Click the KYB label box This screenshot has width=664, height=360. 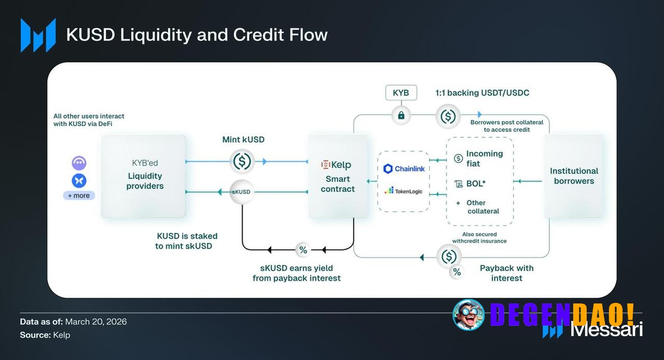pyautogui.click(x=401, y=93)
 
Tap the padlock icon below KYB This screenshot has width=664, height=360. pyautogui.click(x=401, y=115)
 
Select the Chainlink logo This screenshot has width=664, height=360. pyautogui.click(x=404, y=169)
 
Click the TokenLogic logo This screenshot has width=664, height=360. pyautogui.click(x=404, y=191)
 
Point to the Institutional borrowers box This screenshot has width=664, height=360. pyautogui.click(x=574, y=176)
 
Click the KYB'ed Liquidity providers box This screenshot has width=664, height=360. pyautogui.click(x=144, y=176)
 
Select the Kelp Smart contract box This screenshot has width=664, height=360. pyautogui.click(x=338, y=176)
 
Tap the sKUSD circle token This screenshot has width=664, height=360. pyautogui.click(x=242, y=192)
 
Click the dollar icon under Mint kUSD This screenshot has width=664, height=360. pyautogui.click(x=242, y=161)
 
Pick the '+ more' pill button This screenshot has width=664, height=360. pyautogui.click(x=79, y=196)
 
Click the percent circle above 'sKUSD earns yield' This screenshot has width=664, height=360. pyautogui.click(x=303, y=250)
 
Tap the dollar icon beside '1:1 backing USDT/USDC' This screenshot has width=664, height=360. pyautogui.click(x=448, y=115)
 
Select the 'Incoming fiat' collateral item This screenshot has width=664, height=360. pyautogui.click(x=478, y=159)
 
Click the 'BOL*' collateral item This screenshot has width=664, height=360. pyautogui.click(x=471, y=184)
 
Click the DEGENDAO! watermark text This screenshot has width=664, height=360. pyautogui.click(x=562, y=314)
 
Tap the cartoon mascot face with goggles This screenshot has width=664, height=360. pyautogui.click(x=468, y=315)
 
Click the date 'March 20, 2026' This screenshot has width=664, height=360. pyautogui.click(x=96, y=322)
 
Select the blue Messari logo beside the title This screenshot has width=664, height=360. pyautogui.click(x=38, y=35)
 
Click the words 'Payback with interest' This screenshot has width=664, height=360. pyautogui.click(x=506, y=273)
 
